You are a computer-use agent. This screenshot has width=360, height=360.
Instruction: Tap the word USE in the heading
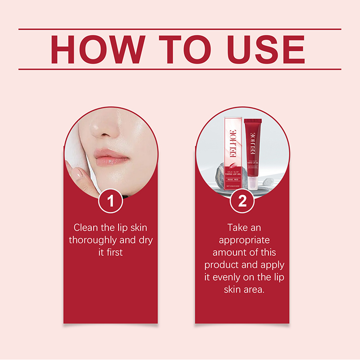(x=266, y=49)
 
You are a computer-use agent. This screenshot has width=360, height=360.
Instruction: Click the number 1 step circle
(x=111, y=201)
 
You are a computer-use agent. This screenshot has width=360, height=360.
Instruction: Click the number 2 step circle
(x=242, y=201)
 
